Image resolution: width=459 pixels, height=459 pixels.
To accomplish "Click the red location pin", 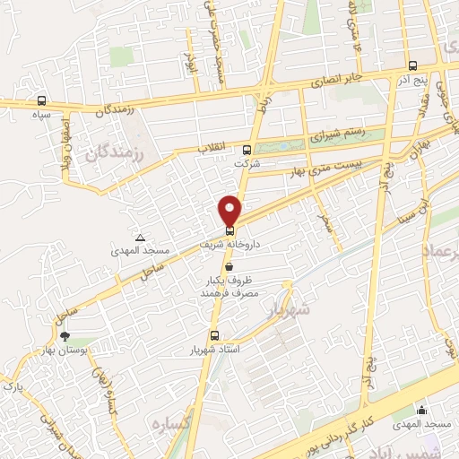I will [230, 211].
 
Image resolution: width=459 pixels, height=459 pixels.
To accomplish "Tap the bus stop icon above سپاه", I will [41, 101].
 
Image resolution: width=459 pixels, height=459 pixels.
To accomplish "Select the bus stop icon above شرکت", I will [247, 150].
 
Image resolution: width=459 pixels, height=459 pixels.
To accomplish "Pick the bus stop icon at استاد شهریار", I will [213, 336].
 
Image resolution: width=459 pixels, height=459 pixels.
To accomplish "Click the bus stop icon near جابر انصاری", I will [411, 65].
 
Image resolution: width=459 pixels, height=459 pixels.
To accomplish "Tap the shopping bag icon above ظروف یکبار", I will [230, 266].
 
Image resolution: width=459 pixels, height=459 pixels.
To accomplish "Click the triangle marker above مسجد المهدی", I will [140, 237].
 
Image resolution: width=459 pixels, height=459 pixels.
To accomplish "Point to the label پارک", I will [13, 386].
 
